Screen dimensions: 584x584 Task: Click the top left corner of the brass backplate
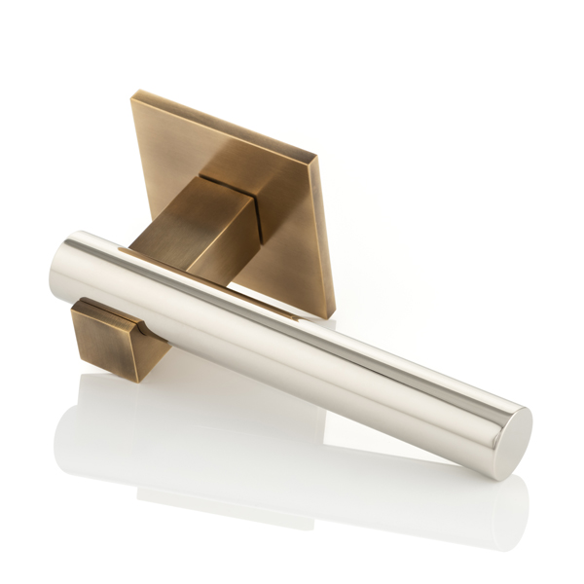[132, 93]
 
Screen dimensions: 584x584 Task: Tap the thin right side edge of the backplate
[324, 234]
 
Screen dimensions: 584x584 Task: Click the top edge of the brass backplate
[224, 123]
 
